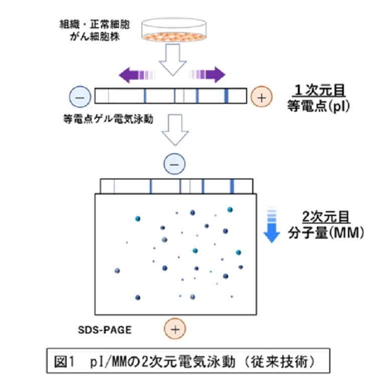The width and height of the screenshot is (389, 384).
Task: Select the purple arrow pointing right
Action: click(211, 75)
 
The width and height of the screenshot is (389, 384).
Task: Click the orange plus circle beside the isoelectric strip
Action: click(261, 96)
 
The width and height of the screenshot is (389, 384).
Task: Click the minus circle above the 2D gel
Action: click(174, 163)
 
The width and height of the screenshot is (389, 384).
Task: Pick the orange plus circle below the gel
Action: click(174, 329)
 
